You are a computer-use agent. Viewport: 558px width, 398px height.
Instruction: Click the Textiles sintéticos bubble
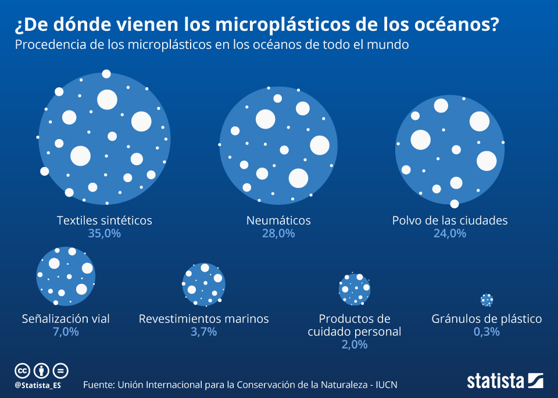[105, 138]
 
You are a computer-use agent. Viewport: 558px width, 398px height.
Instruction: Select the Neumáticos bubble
[278, 145]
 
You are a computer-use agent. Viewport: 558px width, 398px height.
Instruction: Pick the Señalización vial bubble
[66, 275]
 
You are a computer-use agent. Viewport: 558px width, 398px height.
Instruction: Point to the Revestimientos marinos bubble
[203, 284]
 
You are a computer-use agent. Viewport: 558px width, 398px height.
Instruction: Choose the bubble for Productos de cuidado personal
[355, 289]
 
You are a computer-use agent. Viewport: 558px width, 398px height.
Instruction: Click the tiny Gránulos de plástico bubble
[487, 300]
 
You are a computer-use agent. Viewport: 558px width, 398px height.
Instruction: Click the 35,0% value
[105, 234]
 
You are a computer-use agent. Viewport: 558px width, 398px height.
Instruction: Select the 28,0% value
[278, 234]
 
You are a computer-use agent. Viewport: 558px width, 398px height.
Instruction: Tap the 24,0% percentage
[450, 234]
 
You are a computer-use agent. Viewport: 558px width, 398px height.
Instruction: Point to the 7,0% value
[66, 332]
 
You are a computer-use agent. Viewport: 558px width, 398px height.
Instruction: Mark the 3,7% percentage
[203, 332]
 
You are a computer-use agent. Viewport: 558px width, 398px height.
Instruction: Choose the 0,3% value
[487, 332]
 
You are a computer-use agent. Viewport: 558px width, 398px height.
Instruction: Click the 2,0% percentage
[355, 344]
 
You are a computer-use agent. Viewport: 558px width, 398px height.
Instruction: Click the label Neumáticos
[278, 221]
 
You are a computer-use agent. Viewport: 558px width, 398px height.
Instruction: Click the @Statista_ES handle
[38, 385]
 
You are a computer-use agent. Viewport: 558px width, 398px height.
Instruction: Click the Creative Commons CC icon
[22, 370]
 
